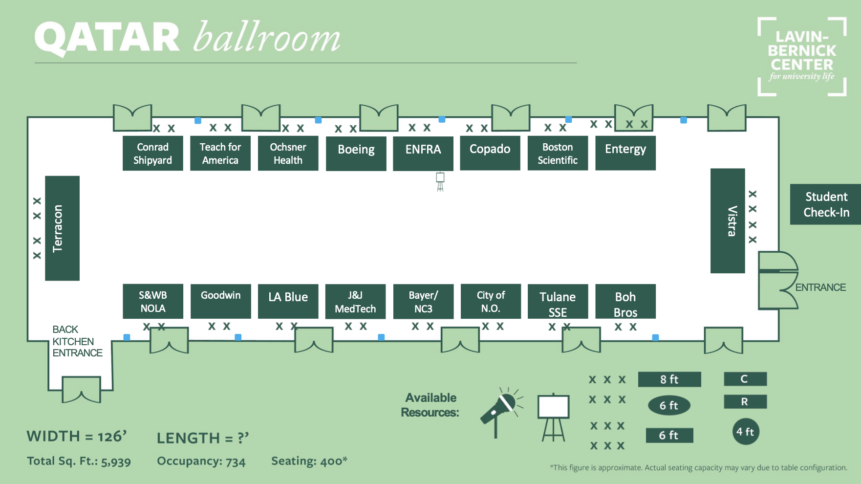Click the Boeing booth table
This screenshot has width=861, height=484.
(x=356, y=154)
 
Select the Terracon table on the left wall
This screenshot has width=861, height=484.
(x=62, y=228)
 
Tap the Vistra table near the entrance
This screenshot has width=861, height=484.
(x=728, y=220)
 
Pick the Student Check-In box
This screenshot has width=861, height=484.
(x=825, y=204)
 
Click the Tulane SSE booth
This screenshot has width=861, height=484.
(x=558, y=302)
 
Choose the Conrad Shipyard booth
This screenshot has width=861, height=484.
(x=152, y=153)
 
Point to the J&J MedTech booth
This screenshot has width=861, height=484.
(x=355, y=302)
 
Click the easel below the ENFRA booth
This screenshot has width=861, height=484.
(x=440, y=181)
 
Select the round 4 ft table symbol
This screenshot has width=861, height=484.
(x=746, y=432)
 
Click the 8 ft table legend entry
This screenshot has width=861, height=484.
(x=669, y=379)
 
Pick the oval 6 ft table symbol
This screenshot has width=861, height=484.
(x=669, y=405)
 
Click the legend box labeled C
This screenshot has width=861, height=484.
(x=745, y=379)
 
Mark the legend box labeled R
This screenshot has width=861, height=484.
(x=745, y=402)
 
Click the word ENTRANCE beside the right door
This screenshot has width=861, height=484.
(x=820, y=287)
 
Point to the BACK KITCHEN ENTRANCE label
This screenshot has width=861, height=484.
(x=77, y=341)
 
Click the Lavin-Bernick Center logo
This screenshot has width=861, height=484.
(x=802, y=57)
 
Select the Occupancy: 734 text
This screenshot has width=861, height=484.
(x=201, y=461)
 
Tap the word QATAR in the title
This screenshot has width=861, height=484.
(x=107, y=38)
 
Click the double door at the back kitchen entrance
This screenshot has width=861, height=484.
(x=82, y=390)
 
